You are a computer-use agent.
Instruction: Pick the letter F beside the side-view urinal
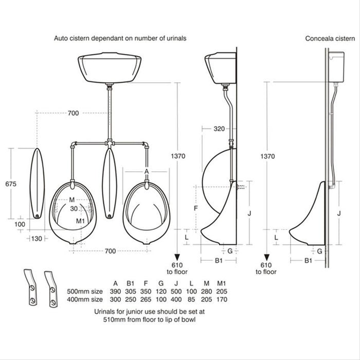pyautogui.click(x=195, y=209)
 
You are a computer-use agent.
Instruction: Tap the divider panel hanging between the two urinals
pyautogui.click(x=110, y=183)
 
